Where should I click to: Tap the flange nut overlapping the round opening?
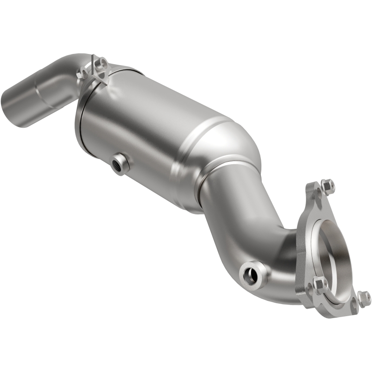pos(320,283)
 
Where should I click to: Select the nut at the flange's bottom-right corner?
pos(364,297)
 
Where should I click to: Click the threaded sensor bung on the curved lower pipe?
pos(251,275)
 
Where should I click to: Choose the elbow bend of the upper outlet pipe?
pos(70,70)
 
